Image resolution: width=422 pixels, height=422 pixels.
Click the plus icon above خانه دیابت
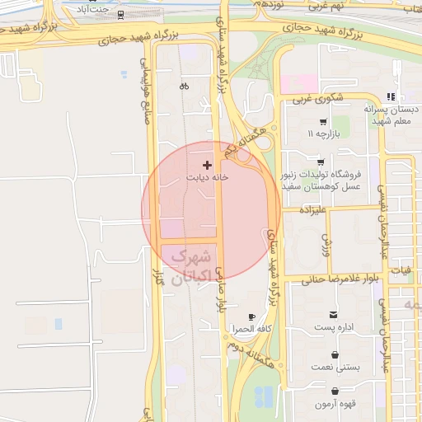coord(206,166)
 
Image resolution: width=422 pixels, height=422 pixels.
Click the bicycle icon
coord(184,85)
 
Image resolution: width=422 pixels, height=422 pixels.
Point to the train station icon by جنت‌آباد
coord(121,15)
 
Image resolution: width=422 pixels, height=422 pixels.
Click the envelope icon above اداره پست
coord(333,315)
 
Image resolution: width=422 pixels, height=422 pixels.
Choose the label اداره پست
coord(333,327)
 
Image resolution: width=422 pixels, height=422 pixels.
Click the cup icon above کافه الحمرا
coord(252,317)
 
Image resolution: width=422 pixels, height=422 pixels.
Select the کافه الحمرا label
coord(252,329)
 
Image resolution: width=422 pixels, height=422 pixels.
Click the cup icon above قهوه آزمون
coord(335,392)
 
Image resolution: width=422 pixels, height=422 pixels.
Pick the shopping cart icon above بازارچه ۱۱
coord(322,121)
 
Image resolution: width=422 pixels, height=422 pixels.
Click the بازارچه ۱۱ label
coord(321,133)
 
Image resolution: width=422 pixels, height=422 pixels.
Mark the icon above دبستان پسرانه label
coord(401,96)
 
